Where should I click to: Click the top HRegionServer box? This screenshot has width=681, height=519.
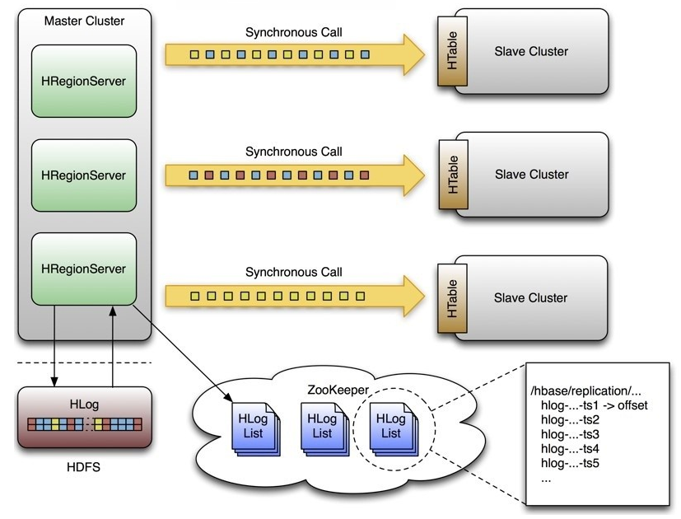pyautogui.click(x=83, y=82)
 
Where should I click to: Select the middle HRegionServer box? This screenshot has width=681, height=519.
pyautogui.click(x=83, y=175)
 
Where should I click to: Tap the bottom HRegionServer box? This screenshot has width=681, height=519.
pyautogui.click(x=83, y=269)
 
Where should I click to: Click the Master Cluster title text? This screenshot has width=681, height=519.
pyautogui.click(x=84, y=20)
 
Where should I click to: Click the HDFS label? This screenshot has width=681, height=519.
pyautogui.click(x=84, y=467)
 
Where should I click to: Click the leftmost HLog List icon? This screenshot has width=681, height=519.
pyautogui.click(x=253, y=427)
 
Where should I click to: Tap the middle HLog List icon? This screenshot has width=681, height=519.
pyautogui.click(x=322, y=427)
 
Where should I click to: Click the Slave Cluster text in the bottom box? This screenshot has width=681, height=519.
pyautogui.click(x=531, y=298)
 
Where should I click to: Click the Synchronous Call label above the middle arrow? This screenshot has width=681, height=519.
pyautogui.click(x=293, y=152)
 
